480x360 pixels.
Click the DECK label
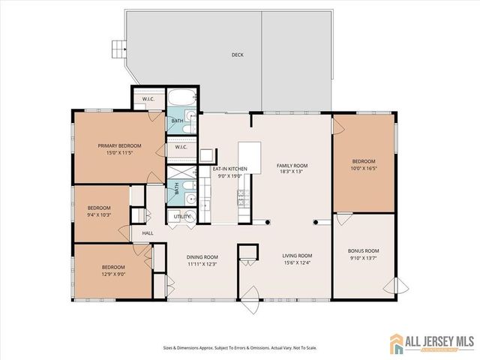tap(237, 55)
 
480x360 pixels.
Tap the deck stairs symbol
tap(116, 49)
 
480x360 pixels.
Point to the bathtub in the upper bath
tap(181, 98)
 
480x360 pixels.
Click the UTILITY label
tap(181, 216)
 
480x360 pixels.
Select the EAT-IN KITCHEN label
tap(229, 169)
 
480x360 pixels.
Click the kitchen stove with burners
tap(242, 198)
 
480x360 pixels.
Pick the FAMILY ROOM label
tap(292, 165)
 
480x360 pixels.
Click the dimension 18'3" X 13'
tap(292, 172)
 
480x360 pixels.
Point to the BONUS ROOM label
tap(363, 250)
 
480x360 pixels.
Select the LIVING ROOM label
tap(296, 256)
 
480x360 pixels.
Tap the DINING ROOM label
tap(202, 256)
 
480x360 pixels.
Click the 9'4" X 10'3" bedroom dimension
tap(99, 215)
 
